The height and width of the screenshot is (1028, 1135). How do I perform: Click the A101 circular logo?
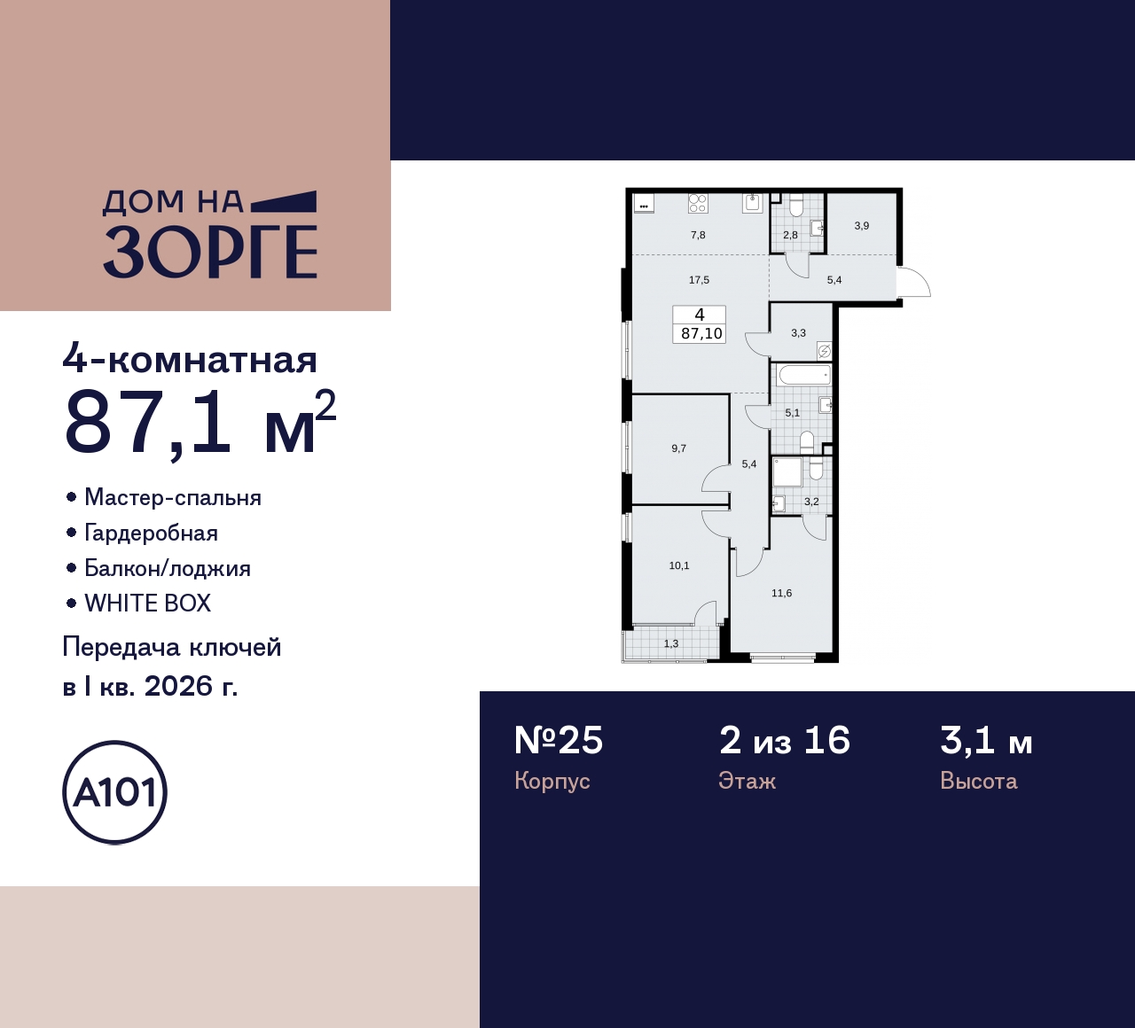[114, 792]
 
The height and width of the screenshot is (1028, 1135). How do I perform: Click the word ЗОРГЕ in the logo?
[210, 253]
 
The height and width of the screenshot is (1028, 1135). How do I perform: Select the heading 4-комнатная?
[190, 360]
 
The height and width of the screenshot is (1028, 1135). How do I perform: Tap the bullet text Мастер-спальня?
[172, 497]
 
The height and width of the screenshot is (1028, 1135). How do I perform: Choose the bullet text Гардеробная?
[151, 533]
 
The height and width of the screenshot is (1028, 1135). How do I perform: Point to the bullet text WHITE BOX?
[147, 604]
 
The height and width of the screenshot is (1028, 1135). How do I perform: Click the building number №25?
[559, 741]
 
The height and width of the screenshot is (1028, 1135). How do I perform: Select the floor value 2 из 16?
[784, 741]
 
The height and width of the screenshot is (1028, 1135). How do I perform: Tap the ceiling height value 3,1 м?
[986, 741]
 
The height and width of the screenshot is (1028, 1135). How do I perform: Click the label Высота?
[978, 781]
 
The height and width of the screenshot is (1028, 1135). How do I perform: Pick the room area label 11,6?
[781, 593]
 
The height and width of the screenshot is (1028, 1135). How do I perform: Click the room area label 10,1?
[679, 565]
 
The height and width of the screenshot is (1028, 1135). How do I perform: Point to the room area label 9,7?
[679, 448]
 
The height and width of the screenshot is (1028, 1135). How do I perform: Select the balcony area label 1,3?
[671, 643]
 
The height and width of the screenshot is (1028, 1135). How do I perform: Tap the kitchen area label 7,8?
[698, 235]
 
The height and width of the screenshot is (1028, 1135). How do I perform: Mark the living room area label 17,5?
[699, 280]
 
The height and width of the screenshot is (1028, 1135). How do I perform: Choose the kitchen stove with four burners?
[698, 204]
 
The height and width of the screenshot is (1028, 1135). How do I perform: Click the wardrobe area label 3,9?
[862, 226]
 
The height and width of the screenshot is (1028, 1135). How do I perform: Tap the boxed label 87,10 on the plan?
[701, 334]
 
